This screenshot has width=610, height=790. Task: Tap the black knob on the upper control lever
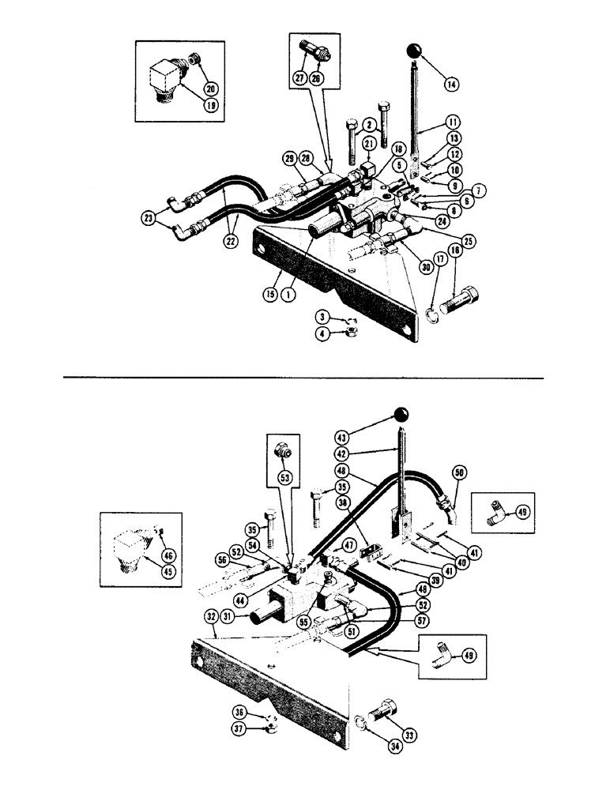click(x=416, y=52)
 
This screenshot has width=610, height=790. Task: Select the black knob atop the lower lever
click(x=401, y=415)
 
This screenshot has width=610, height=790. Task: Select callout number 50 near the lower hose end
click(x=457, y=472)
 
